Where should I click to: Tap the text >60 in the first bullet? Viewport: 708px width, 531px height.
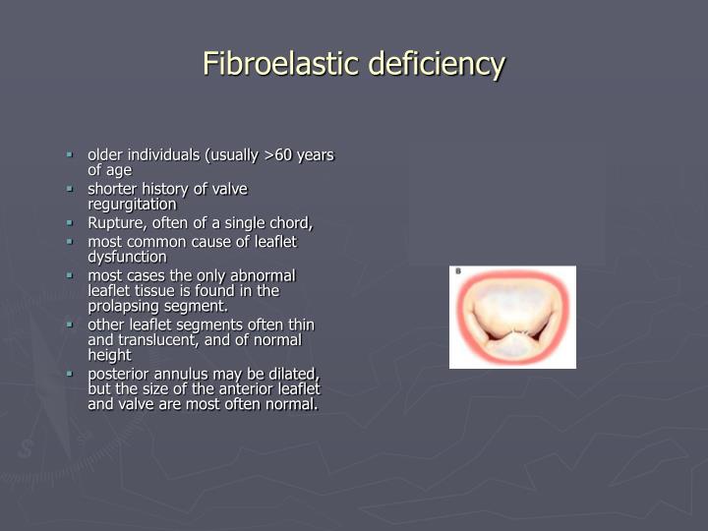283,155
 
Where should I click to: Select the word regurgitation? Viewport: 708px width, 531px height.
132,204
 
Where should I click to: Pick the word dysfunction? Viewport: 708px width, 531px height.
127,256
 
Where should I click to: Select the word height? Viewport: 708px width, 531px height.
109,354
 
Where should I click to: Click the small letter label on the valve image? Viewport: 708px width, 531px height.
457,271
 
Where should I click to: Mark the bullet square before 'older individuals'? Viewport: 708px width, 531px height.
70,154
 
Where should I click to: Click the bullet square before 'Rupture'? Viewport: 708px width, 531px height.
70,222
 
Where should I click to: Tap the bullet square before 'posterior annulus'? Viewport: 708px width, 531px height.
70,373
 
